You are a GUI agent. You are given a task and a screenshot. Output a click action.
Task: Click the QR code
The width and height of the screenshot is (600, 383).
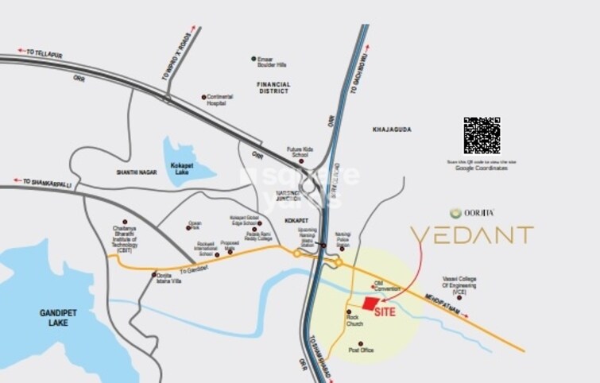[482, 136]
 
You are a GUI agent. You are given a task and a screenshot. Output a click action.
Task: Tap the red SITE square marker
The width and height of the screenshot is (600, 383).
[370, 303]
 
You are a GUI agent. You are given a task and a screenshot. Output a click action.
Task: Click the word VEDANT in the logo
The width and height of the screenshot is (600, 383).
[471, 235]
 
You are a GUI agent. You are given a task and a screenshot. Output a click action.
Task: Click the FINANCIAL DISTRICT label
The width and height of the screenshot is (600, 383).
[273, 88]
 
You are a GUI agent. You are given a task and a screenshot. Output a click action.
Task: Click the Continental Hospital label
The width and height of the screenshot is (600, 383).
[220, 100]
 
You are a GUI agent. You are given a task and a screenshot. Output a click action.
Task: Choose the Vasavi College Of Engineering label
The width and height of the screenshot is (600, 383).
[461, 284]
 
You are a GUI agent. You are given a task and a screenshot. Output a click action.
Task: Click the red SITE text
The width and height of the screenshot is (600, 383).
[384, 312]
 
